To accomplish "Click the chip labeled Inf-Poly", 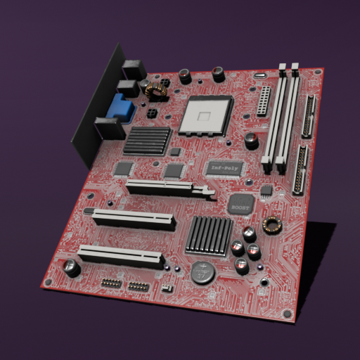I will click(x=225, y=168).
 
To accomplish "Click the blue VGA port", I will click(x=120, y=108).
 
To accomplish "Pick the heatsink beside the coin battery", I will click(x=210, y=235).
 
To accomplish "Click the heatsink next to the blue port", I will click(x=148, y=141).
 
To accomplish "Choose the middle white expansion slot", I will click(x=133, y=220).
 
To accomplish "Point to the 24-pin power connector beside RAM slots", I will click(x=264, y=102).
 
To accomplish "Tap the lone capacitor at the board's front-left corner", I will click(x=71, y=267).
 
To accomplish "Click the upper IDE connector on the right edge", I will click(x=309, y=116).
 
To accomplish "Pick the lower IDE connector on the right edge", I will click(x=302, y=171).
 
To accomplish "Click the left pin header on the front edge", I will click(x=111, y=283).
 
